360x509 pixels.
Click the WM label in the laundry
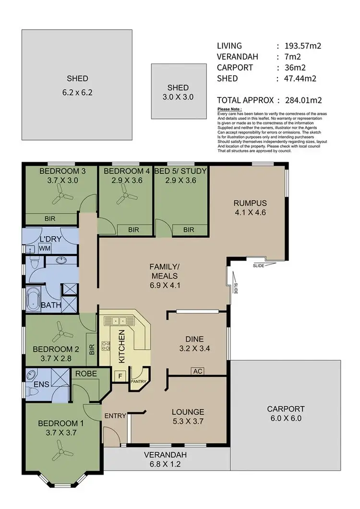coord(45,248)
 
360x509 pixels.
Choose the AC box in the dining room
coord(197,371)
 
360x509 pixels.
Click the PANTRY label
coord(140,382)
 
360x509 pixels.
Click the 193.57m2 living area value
coord(302,46)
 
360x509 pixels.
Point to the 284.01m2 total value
coord(302,100)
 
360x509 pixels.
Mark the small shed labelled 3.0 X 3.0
coord(178,91)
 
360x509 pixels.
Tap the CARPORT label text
coord(286,409)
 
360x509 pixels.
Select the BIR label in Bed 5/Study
coord(189,230)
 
